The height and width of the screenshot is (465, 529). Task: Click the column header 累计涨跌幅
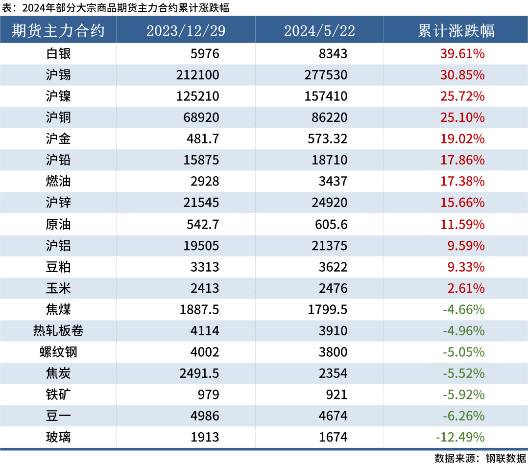pyautogui.click(x=456, y=30)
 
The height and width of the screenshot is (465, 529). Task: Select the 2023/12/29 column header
pyautogui.click(x=186, y=30)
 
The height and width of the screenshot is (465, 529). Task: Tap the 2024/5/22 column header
pyautogui.click(x=319, y=30)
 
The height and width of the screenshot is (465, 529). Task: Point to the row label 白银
pyautogui.click(x=58, y=53)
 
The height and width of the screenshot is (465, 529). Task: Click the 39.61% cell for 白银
pyautogui.click(x=463, y=53)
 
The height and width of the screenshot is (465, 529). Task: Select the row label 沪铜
pyautogui.click(x=58, y=117)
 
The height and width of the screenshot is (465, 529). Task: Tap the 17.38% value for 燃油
pyautogui.click(x=463, y=182)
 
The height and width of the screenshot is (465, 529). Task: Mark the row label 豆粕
pyautogui.click(x=58, y=267)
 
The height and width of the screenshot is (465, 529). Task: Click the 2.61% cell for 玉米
pyautogui.click(x=466, y=288)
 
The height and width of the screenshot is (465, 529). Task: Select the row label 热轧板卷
pyautogui.click(x=58, y=331)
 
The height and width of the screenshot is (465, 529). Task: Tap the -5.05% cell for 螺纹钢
pyautogui.click(x=463, y=352)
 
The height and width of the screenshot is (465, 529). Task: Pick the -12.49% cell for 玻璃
pyautogui.click(x=460, y=437)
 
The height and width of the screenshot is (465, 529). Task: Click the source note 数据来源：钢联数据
pyautogui.click(x=479, y=458)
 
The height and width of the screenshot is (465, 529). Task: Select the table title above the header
pyautogui.click(x=116, y=7)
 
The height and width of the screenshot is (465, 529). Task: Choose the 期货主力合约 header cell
pyautogui.click(x=58, y=30)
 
